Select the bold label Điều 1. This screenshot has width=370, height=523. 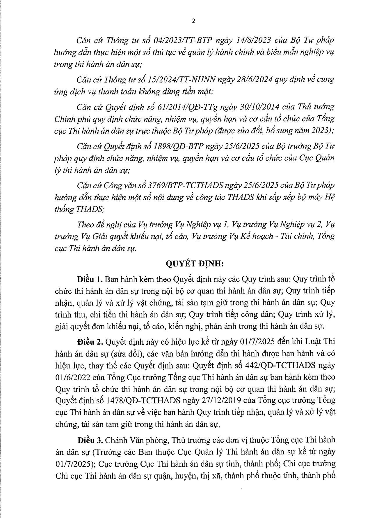89,279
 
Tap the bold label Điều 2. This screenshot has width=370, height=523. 90,342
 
